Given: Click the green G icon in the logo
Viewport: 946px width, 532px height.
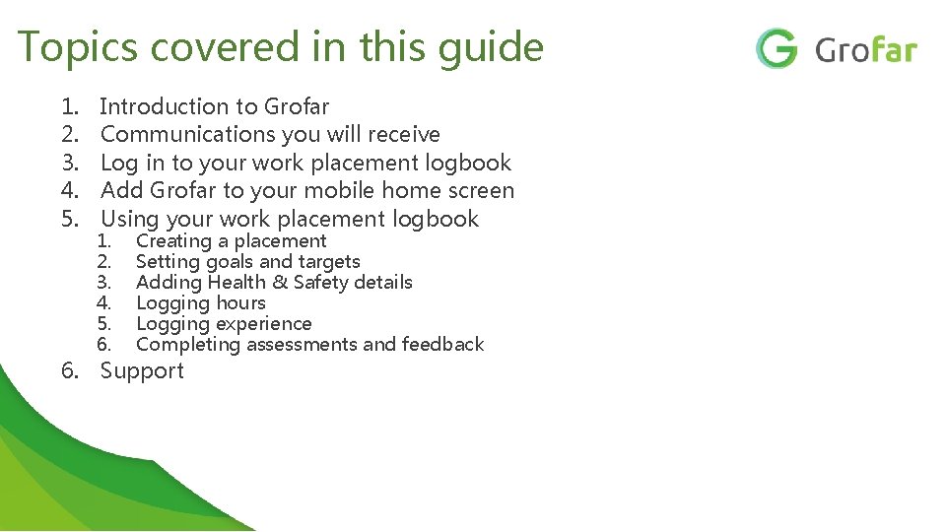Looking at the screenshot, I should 777,48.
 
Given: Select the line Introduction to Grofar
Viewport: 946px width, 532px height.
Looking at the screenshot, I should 215,106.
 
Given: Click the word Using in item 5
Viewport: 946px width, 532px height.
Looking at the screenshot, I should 131,219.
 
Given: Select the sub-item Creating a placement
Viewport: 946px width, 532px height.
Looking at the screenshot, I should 231,241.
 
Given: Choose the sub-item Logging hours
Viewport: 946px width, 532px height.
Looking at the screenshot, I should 201,303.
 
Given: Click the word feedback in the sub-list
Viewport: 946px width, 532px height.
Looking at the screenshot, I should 442,345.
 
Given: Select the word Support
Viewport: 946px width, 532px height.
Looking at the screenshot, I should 142,371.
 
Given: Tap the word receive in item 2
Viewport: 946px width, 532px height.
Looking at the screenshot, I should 399,134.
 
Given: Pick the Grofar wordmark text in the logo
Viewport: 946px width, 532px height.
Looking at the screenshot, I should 866,49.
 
